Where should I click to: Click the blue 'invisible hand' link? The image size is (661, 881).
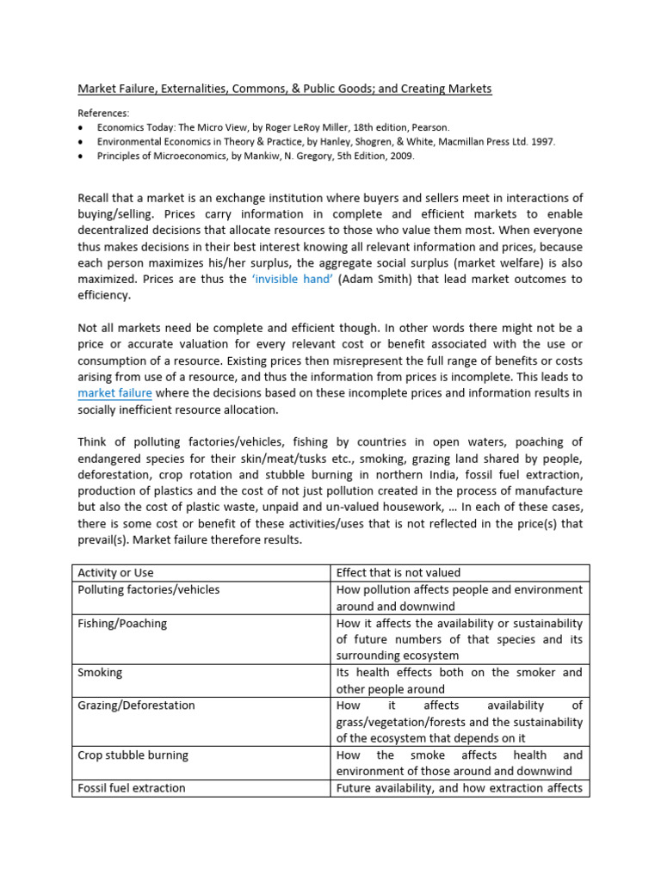tap(291, 279)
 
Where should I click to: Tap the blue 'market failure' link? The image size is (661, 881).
tap(114, 393)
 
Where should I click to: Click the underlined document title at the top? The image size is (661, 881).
tap(285, 89)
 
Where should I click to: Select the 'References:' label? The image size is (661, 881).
tap(103, 113)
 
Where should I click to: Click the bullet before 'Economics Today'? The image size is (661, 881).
tap(81, 127)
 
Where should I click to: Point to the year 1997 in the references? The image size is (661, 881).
tap(542, 141)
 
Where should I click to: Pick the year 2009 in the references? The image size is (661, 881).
tap(377, 156)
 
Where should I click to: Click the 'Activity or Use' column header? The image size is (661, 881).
tap(115, 573)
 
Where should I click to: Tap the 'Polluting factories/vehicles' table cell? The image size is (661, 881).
tap(148, 589)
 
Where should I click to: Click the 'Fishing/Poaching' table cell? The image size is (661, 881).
tap(122, 623)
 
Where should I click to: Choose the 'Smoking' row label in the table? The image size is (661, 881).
tap(100, 672)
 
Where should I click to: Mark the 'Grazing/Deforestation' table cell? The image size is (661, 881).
tap(136, 705)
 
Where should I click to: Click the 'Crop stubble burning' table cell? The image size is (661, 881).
tap(133, 755)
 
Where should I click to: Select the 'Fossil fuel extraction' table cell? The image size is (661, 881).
tap(131, 787)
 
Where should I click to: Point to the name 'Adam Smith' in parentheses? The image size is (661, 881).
tap(374, 279)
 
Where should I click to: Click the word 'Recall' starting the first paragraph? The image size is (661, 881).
tap(95, 199)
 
